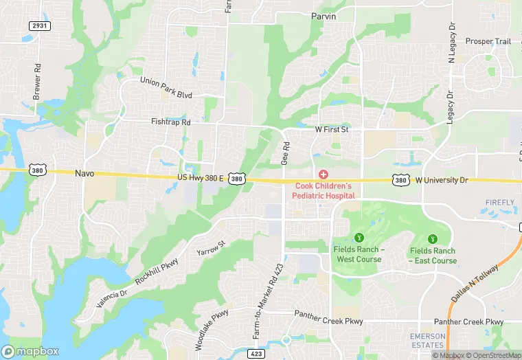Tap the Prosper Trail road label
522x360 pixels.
pyautogui.click(x=488, y=41)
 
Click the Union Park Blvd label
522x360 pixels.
pyautogui.click(x=166, y=87)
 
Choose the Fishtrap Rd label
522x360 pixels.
pyautogui.click(x=170, y=122)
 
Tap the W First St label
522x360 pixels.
pyautogui.click(x=332, y=128)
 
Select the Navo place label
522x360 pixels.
pyautogui.click(x=84, y=174)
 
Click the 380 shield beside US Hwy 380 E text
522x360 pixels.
pyautogui.click(x=236, y=179)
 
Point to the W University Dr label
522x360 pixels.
pyautogui.click(x=441, y=180)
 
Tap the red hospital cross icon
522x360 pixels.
pyautogui.click(x=323, y=175)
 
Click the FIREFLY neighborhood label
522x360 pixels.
pyautogui.click(x=499, y=203)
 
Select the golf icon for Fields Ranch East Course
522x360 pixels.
pyautogui.click(x=433, y=238)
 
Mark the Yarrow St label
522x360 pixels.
pyautogui.click(x=211, y=249)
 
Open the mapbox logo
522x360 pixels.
pyautogui.click(x=31, y=350)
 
